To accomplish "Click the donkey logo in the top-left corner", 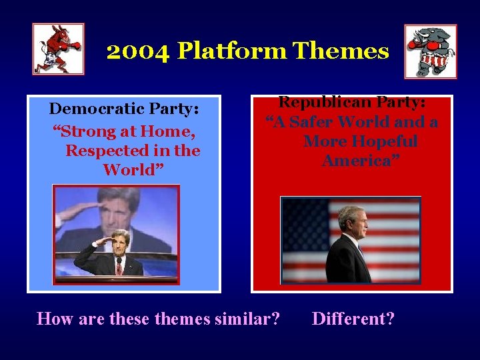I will point(58,49).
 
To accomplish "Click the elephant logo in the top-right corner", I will point(431,51).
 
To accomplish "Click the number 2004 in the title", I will point(138,51).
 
